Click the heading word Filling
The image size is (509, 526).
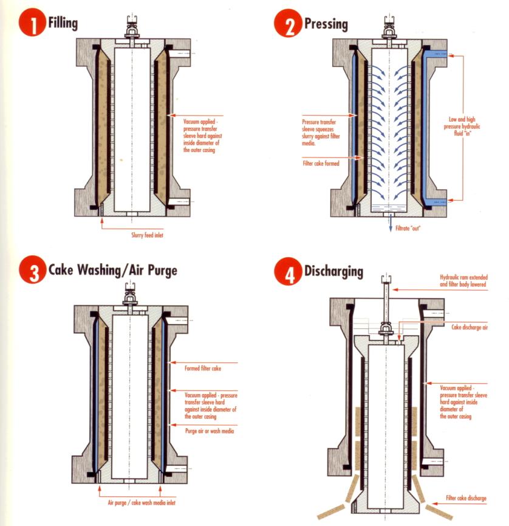(x=63, y=23)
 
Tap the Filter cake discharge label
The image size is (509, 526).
(x=466, y=498)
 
